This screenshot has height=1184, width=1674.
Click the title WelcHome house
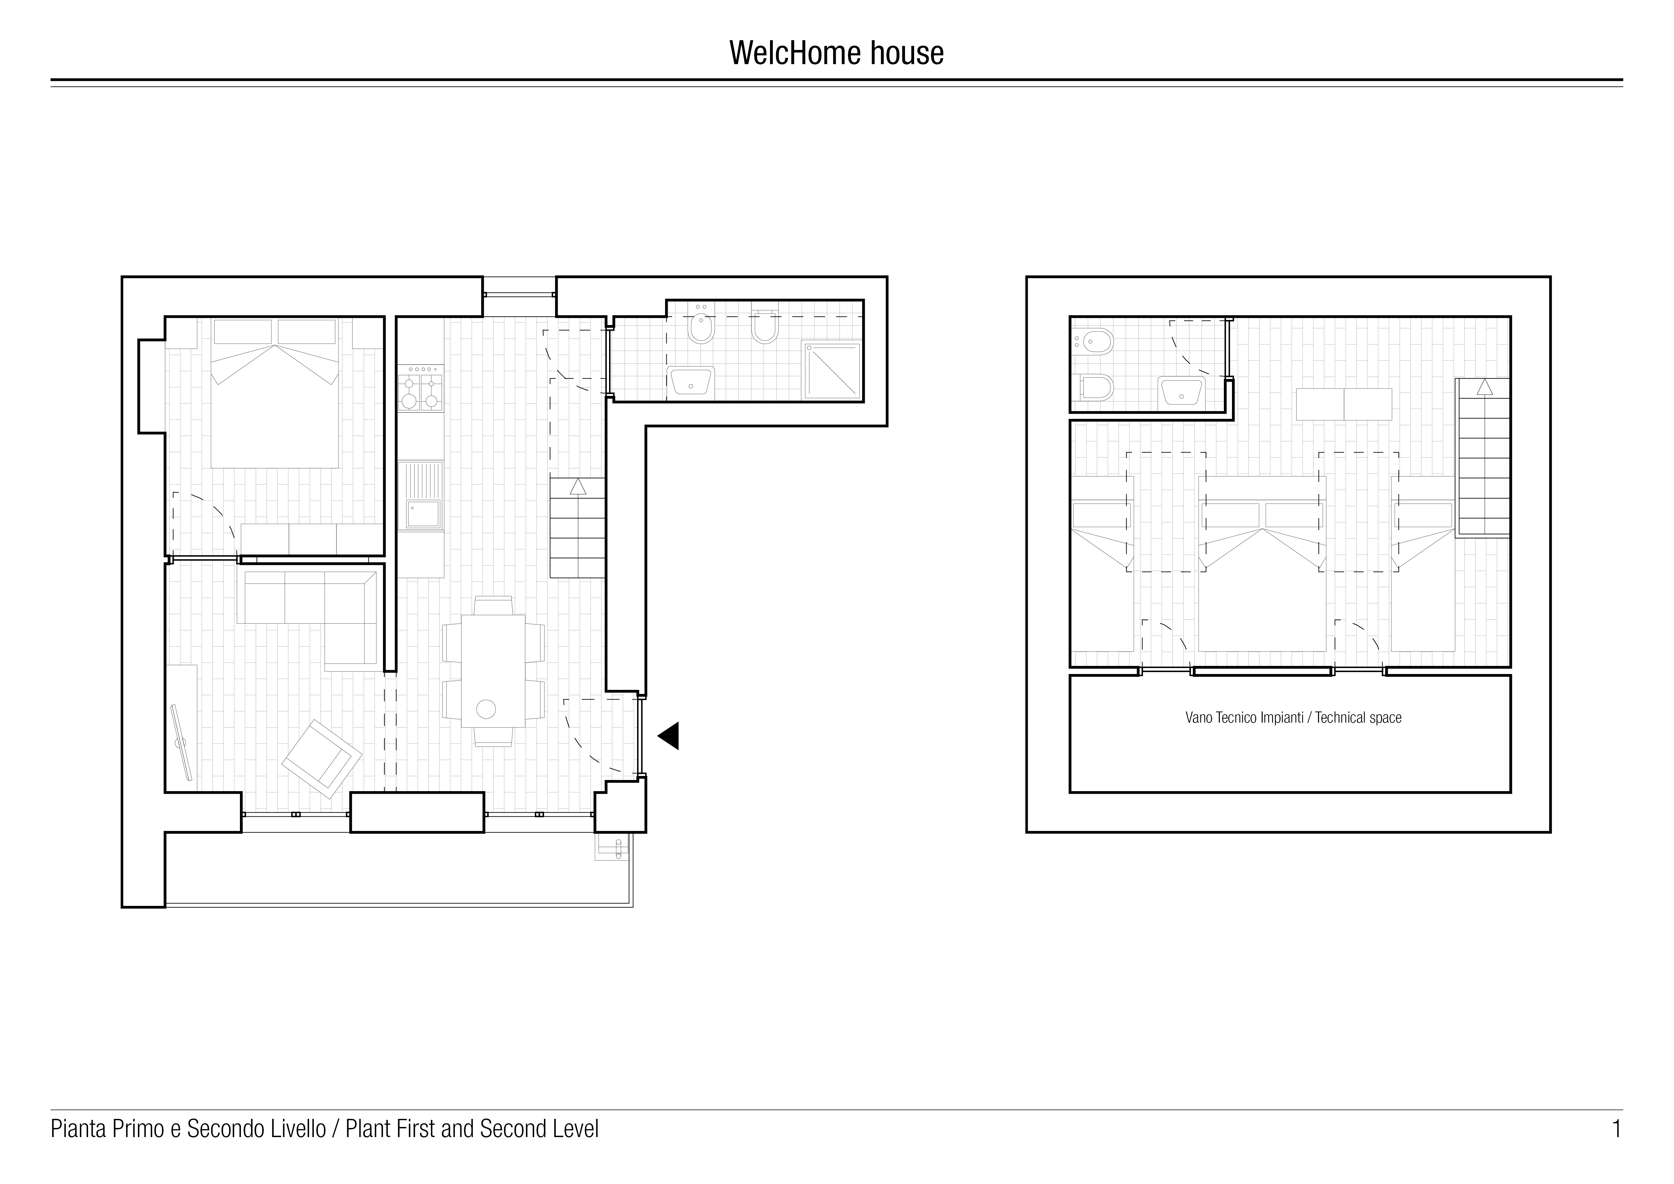coord(836,53)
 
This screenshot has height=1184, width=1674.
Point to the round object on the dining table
coord(486,709)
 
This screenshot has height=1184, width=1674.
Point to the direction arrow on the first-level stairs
coord(577,486)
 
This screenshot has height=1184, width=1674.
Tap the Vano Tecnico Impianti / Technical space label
coord(1293,718)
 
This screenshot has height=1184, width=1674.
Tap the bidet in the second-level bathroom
coord(1099,342)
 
